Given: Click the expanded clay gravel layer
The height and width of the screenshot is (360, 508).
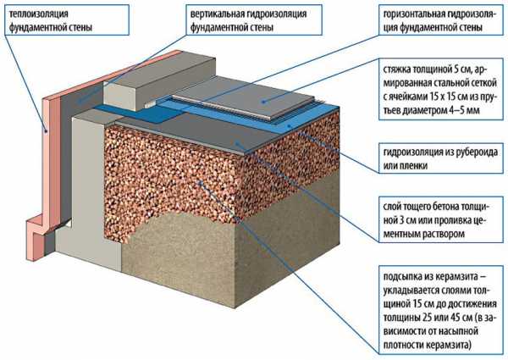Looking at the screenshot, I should pos(195,186).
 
